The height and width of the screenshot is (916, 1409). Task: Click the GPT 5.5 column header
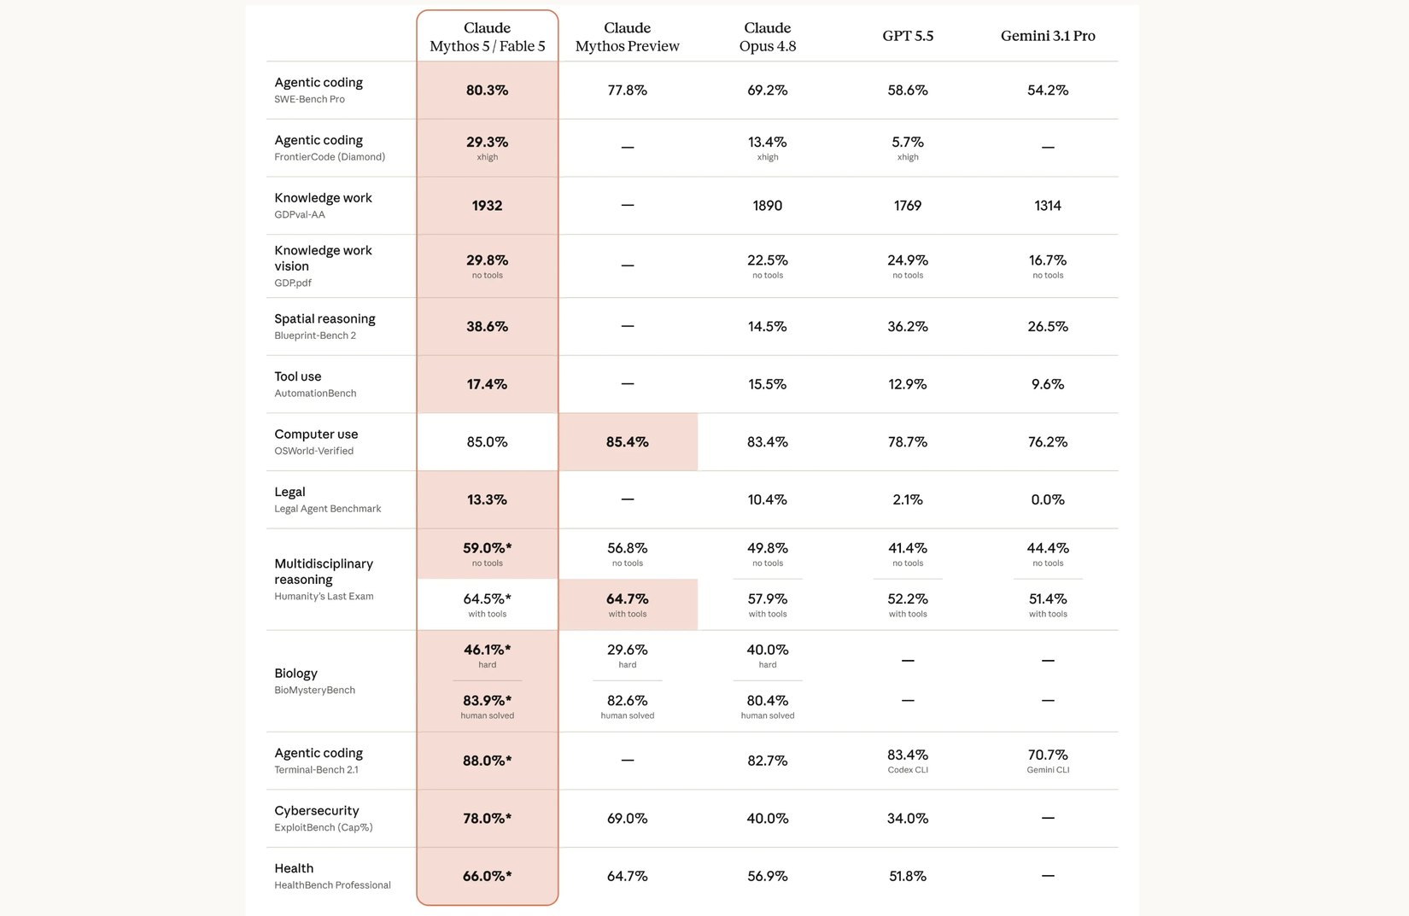click(x=908, y=36)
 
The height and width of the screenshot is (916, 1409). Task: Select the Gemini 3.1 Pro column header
click(x=1048, y=36)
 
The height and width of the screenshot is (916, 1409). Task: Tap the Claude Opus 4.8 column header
click(x=768, y=37)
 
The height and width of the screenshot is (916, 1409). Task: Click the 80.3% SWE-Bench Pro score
click(x=487, y=90)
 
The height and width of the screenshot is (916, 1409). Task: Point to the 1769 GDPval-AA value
click(x=908, y=206)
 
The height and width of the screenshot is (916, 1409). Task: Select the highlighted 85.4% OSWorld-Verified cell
click(x=627, y=442)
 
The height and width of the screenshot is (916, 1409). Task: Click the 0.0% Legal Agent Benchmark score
click(x=1048, y=499)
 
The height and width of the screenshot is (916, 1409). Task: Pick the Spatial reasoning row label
click(x=324, y=318)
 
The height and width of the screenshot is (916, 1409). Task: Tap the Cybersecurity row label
click(x=317, y=810)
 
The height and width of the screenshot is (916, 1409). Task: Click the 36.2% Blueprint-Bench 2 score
click(x=908, y=326)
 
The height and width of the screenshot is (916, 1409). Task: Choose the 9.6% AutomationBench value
click(x=1048, y=384)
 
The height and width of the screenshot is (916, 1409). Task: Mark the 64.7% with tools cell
click(x=627, y=604)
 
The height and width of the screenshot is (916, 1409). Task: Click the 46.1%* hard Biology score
click(x=487, y=655)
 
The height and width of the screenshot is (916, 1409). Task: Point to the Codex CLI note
click(x=908, y=769)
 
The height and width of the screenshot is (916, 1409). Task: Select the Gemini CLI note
click(x=1048, y=769)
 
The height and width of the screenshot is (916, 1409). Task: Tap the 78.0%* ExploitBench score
click(x=487, y=818)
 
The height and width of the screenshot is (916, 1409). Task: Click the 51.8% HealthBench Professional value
click(x=908, y=876)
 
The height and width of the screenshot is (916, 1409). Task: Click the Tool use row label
click(x=297, y=376)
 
